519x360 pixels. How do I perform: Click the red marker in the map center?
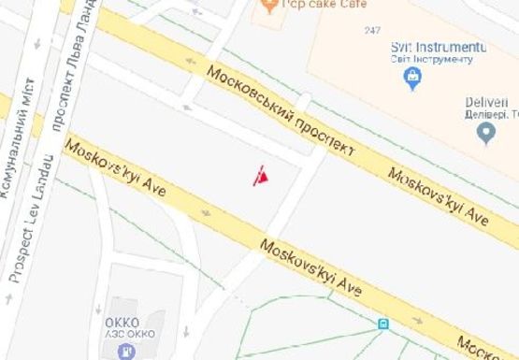262,176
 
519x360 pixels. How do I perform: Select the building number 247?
373,31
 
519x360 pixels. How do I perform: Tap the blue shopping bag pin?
412,79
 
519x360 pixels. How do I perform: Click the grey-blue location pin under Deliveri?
485,135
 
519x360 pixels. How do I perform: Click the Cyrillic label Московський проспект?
281,111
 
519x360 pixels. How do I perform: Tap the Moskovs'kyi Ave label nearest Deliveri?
439,195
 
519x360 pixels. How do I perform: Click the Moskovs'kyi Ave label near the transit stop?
310,266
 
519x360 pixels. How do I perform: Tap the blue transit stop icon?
382,324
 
